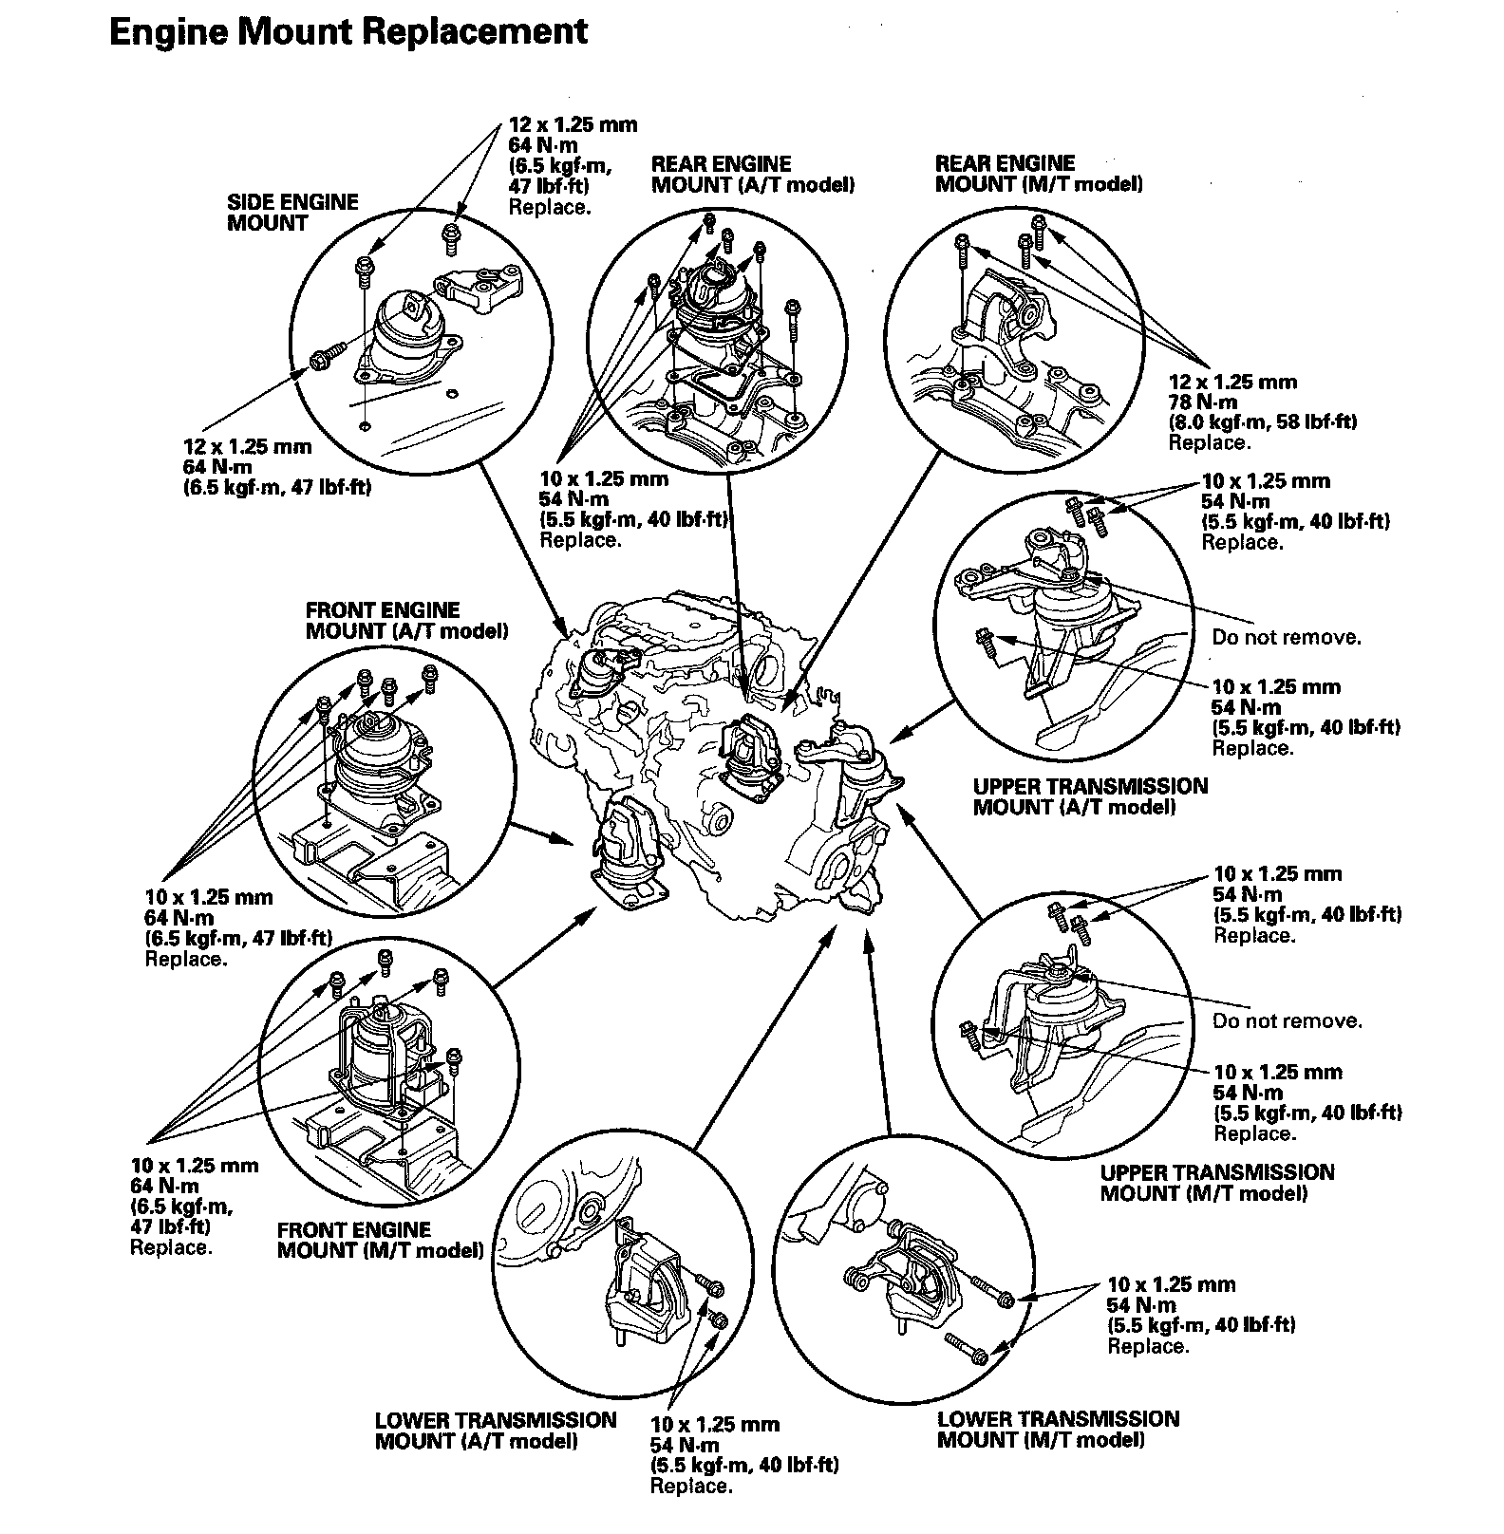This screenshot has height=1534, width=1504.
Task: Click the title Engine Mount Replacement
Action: pos(348,31)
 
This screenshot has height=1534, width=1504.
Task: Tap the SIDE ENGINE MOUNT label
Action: pos(292,213)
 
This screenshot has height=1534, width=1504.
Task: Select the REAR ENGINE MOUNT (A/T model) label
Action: pos(752,175)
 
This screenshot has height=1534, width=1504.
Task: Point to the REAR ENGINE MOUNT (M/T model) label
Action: pos(1038,174)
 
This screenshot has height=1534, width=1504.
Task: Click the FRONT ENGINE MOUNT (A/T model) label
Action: pos(405,620)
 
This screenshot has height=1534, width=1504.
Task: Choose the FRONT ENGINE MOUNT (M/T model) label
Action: pos(380,1241)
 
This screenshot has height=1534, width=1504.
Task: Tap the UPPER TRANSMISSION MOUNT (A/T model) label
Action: pos(1090,796)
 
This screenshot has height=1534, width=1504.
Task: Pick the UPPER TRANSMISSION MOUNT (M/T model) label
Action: pos(1216,1183)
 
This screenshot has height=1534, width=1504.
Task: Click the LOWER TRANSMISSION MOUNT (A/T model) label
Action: pos(495,1431)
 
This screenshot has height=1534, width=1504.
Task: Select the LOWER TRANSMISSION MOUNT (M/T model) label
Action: pos(1058,1429)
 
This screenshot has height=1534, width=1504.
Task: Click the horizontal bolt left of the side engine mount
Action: pos(324,359)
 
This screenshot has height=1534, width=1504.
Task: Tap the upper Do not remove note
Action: pos(1286,637)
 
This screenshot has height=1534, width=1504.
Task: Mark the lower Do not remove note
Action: pos(1287,1021)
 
